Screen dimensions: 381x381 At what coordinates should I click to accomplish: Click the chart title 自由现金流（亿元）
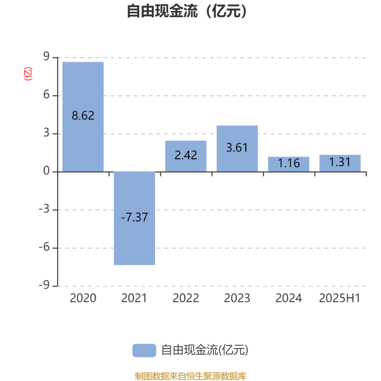tap(187, 11)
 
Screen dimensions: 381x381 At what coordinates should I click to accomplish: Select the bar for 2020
tap(83, 117)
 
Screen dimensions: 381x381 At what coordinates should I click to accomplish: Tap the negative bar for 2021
tap(134, 218)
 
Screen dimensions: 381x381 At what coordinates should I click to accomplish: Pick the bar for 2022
tap(186, 156)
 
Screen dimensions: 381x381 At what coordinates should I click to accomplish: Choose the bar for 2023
tap(237, 149)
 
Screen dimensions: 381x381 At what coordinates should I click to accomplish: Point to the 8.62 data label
tap(83, 115)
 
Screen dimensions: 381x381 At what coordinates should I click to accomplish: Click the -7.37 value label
tap(134, 217)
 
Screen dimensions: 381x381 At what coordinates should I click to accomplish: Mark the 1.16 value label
tap(289, 163)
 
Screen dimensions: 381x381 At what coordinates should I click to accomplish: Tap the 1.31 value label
tap(340, 162)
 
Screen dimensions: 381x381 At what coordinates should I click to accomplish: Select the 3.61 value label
tap(237, 148)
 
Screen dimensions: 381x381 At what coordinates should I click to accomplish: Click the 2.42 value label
tap(186, 155)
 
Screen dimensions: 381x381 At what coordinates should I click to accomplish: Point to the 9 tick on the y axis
tap(46, 57)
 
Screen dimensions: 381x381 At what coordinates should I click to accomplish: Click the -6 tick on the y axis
tap(44, 247)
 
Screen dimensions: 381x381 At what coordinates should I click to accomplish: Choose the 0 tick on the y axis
tap(46, 171)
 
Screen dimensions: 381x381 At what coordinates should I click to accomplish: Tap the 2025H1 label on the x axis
tap(340, 298)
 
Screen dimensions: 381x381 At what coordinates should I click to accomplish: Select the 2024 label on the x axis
tap(289, 298)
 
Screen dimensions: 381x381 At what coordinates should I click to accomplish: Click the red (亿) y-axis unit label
tap(28, 74)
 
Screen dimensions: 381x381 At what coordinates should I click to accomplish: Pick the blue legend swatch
tap(144, 351)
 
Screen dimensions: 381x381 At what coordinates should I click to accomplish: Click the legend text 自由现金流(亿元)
tap(205, 350)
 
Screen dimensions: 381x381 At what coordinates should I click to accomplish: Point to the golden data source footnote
tap(190, 376)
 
